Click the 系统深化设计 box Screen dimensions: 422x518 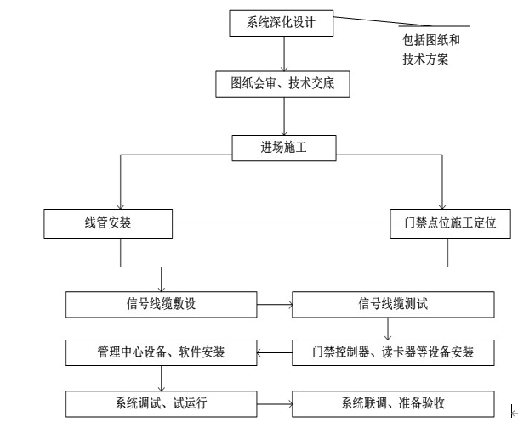click(281, 23)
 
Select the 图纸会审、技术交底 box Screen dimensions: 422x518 click(282, 85)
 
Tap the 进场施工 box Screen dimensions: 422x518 click(283, 148)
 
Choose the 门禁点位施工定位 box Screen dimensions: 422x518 click(449, 224)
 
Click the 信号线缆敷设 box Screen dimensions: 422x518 click(161, 303)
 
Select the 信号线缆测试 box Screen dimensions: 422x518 click(393, 303)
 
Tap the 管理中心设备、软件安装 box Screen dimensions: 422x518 click(161, 351)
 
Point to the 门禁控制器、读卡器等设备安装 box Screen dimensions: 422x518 click(393, 351)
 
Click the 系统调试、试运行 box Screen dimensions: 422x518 click(161, 401)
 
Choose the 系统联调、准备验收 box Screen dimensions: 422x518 click(393, 401)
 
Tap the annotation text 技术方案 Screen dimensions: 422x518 click(425, 59)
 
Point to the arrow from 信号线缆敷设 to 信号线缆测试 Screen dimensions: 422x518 click(273, 303)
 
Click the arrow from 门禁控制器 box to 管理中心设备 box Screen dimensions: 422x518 click(273, 351)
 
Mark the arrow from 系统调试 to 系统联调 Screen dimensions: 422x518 click(273, 401)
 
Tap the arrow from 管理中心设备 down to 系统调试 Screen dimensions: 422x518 click(161, 376)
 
